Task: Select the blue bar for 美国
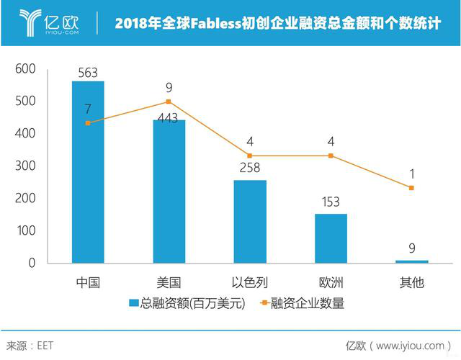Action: [x=169, y=191]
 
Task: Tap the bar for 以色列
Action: [x=250, y=221]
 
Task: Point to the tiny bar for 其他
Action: [x=411, y=261]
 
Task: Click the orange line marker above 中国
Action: [x=88, y=123]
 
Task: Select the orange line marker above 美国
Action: [x=169, y=102]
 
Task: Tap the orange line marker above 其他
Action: [x=411, y=188]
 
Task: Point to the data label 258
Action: [x=249, y=170]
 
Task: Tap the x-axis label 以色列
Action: [x=249, y=282]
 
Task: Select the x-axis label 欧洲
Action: [x=331, y=282]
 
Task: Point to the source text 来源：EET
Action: [x=30, y=346]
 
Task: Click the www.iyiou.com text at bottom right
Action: [x=410, y=346]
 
